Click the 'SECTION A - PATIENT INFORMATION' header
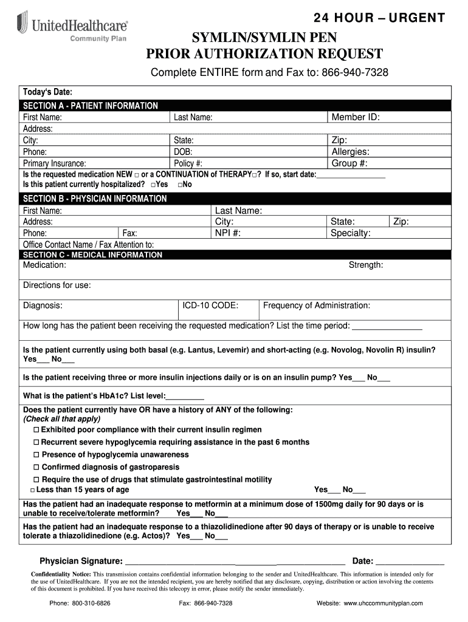point(91,106)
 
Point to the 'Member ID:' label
point(356,117)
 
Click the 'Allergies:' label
point(350,152)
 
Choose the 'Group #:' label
point(349,163)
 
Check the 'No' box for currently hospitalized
point(181,184)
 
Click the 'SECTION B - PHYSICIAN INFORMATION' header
point(94,199)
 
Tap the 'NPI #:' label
point(228,233)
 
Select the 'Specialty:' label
point(350,233)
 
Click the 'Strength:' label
point(365,265)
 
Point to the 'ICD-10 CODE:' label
point(210,306)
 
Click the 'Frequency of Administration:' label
point(316,306)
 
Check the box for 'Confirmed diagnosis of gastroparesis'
point(36,467)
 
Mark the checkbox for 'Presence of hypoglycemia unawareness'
point(36,455)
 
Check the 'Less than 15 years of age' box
point(32,490)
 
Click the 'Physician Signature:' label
point(81,561)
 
